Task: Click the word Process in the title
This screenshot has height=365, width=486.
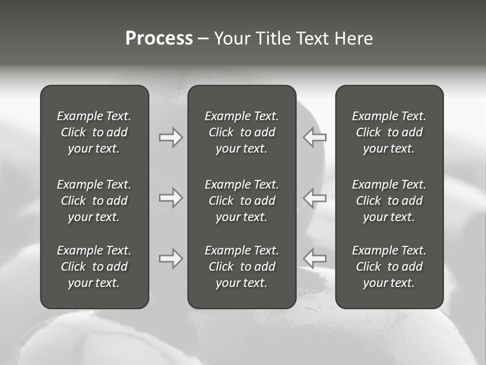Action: pos(159,39)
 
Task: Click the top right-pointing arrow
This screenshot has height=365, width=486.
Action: pos(171,137)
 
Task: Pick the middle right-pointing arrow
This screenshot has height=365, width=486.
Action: pos(171,198)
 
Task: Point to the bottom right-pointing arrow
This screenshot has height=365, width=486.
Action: pos(171,259)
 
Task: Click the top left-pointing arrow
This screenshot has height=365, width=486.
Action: pos(315,137)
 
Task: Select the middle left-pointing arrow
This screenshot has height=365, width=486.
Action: pos(315,198)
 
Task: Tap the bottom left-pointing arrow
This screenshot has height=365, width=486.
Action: pos(315,259)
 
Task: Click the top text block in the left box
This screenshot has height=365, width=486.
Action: pos(94,132)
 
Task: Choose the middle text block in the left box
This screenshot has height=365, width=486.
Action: pos(94,201)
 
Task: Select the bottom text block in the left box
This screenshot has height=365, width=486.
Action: pos(94,267)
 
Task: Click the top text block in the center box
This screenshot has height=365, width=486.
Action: pos(241,132)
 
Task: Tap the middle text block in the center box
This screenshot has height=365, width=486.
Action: pos(241,201)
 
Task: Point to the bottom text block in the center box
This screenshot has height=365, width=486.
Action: pos(241,267)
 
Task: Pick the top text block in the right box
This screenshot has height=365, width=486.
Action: pos(389,132)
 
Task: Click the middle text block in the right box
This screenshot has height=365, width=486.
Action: pos(389,201)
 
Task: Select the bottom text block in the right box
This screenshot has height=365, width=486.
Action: pos(389,267)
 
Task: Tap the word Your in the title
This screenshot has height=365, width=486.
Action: pos(232,39)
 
